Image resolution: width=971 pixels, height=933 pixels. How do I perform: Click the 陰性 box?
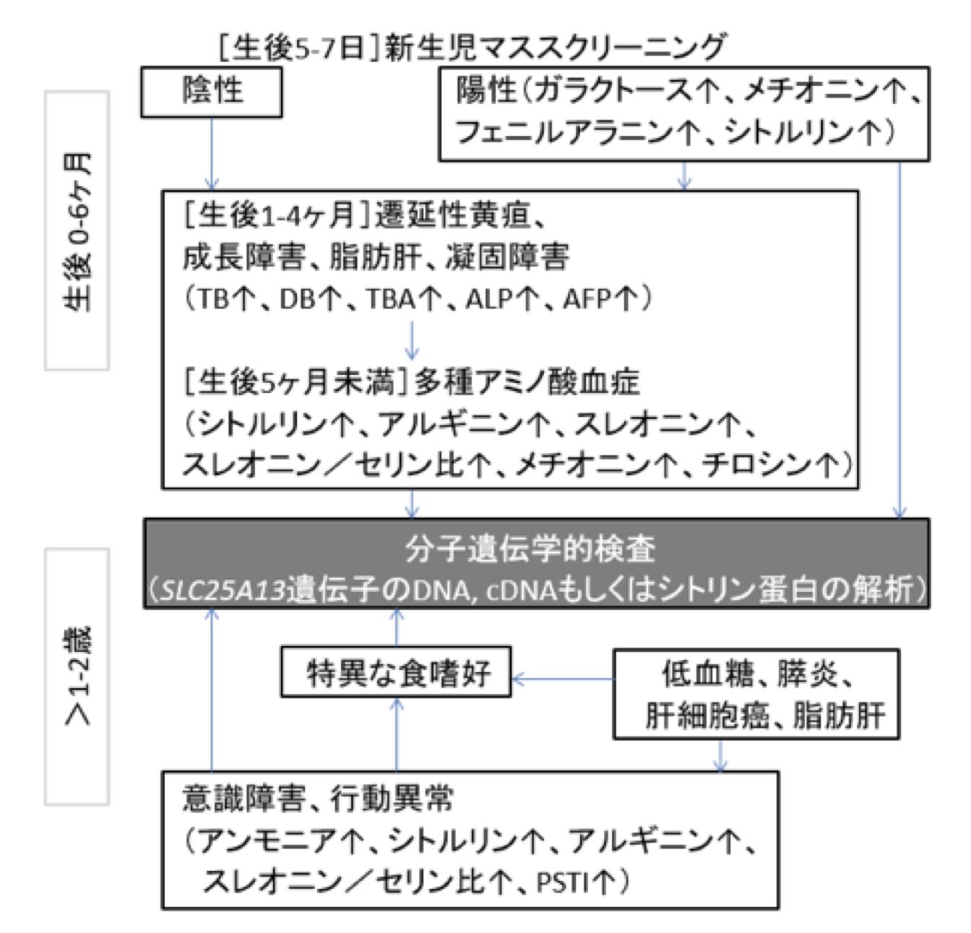(211, 92)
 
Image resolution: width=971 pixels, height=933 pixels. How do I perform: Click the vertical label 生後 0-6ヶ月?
(77, 231)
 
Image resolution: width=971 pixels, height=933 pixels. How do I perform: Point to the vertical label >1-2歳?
(77, 676)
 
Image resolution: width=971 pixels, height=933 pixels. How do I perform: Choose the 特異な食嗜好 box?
(396, 672)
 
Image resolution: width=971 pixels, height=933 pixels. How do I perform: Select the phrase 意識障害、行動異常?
(319, 799)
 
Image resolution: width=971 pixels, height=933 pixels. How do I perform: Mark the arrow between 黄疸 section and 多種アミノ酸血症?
(412, 340)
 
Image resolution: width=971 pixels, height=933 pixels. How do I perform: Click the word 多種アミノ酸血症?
(527, 382)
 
